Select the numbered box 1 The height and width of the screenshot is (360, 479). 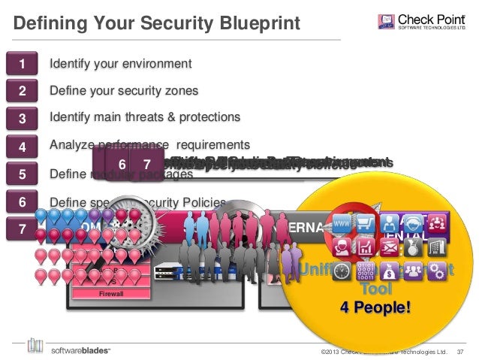[x=23, y=64]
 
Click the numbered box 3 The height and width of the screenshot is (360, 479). [x=23, y=118]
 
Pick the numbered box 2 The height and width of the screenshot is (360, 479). [x=23, y=91]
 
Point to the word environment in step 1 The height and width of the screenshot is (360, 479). [x=155, y=63]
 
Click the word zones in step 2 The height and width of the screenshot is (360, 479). [x=181, y=91]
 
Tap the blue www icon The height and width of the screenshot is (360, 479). [x=343, y=223]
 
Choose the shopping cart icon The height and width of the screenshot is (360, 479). [x=368, y=223]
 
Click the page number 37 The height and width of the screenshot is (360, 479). [x=461, y=351]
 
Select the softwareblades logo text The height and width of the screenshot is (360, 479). [x=81, y=350]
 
